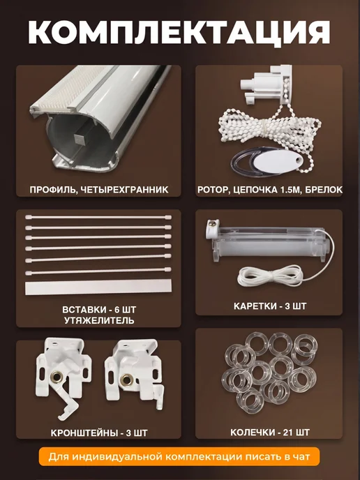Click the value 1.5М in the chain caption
click(x=290, y=190)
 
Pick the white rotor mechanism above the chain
click(x=265, y=83)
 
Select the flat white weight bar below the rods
click(x=98, y=287)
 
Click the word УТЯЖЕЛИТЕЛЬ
click(x=99, y=320)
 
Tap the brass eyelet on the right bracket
click(x=126, y=380)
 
